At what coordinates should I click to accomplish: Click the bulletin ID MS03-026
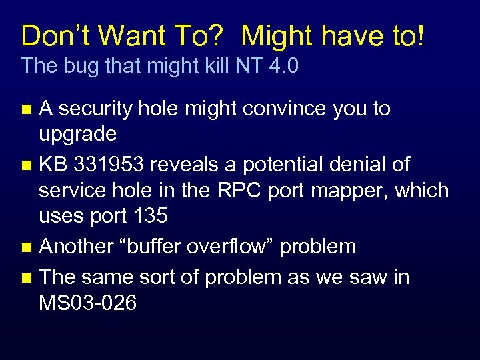coord(88,303)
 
